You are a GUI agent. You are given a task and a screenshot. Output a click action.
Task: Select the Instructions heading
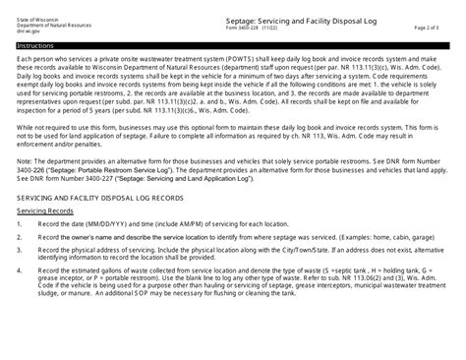34,45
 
